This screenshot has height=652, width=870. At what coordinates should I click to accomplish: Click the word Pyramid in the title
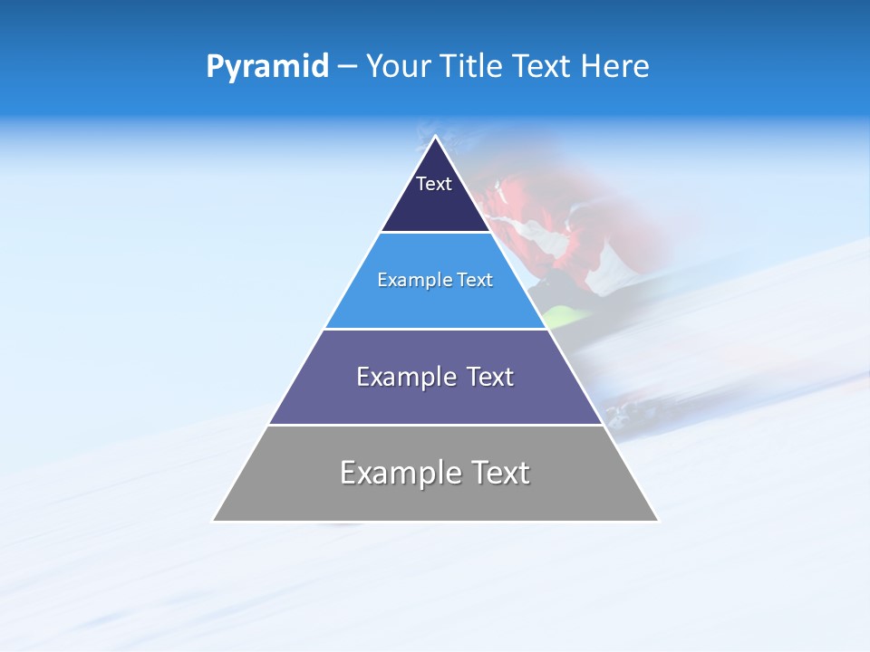tap(267, 67)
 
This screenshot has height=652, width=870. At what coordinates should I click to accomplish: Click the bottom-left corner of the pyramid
tap(214, 521)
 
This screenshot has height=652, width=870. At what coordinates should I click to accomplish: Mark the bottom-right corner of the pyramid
tap(657, 521)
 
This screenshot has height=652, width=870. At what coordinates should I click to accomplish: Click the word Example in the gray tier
tap(397, 473)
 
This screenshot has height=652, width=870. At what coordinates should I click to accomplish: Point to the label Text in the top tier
tap(434, 184)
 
